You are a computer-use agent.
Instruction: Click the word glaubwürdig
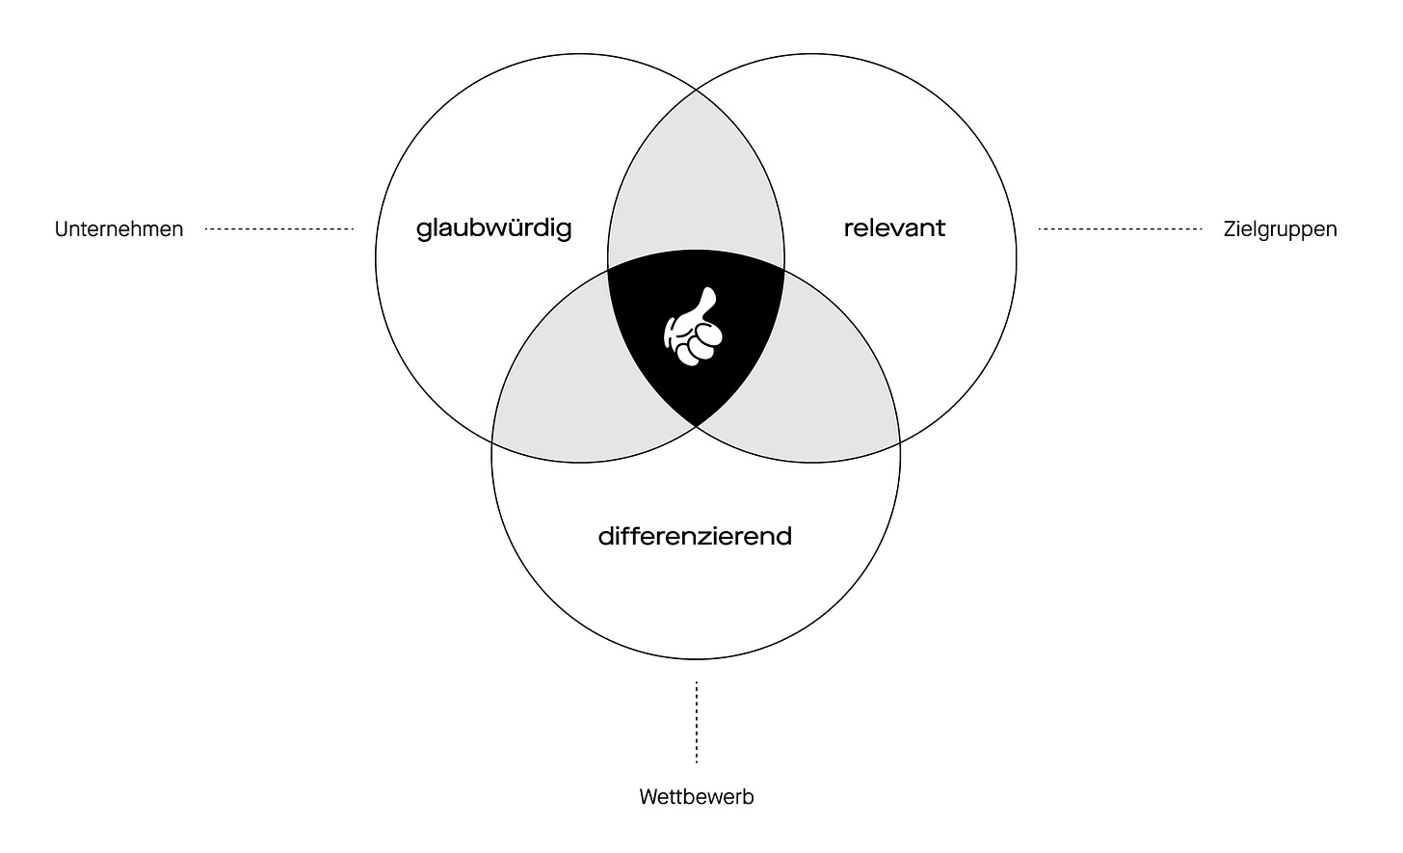493,228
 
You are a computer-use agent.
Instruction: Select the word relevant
894,228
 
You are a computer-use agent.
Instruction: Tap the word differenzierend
695,536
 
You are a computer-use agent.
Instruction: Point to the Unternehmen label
119,229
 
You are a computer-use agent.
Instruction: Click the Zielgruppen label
1280,229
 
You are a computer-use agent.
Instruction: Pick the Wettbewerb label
696,797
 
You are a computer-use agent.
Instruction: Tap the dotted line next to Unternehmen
279,229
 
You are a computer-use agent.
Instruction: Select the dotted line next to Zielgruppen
1120,229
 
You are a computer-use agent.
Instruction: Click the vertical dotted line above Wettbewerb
696,722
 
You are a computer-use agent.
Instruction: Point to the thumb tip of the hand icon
709,293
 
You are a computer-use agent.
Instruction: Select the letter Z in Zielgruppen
1230,229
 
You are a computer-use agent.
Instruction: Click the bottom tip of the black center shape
696,423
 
